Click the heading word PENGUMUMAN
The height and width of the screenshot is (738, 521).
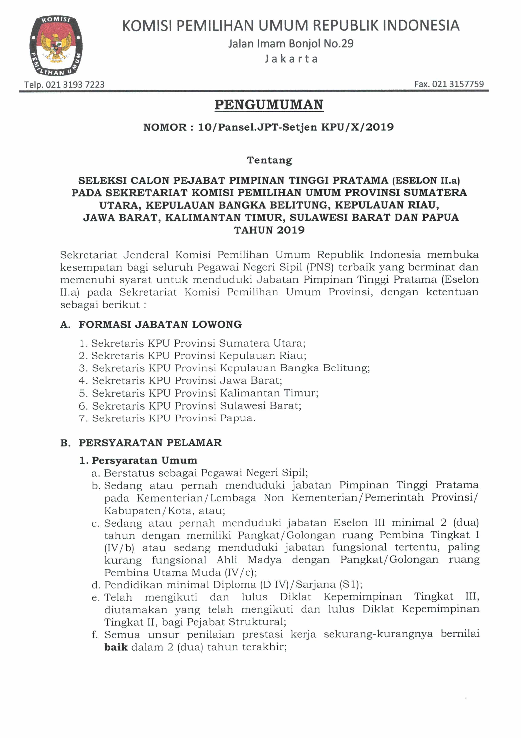[269, 105]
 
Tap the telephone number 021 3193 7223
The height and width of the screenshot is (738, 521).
[75, 85]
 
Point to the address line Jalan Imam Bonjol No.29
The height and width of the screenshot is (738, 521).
[291, 43]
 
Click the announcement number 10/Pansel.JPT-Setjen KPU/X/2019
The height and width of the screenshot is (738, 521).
[296, 127]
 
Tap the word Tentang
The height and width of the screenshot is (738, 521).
[269, 160]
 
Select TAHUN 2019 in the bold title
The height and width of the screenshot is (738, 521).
[269, 230]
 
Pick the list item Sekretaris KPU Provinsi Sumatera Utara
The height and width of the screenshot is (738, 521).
[198, 343]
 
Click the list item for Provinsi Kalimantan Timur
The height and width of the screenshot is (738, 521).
[205, 393]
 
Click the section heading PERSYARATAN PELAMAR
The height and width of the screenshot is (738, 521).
[150, 443]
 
